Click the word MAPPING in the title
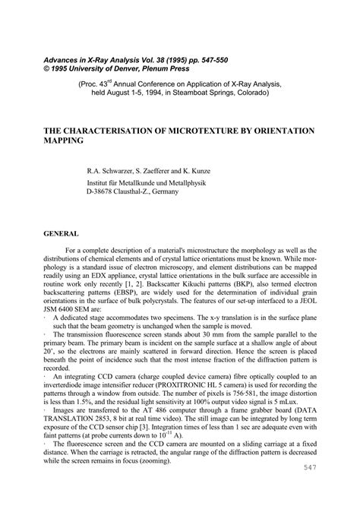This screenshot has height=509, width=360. click(65, 141)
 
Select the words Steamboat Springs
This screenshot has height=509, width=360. click(201, 96)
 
